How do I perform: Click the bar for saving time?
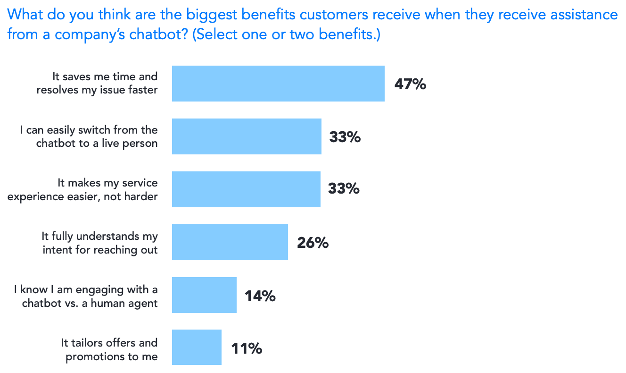278,84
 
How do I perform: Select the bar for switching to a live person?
247,136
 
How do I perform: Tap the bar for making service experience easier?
246,189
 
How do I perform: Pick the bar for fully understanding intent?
230,242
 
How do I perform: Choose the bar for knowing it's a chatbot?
204,295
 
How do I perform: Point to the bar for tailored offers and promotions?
197,348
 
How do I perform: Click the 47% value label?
410,85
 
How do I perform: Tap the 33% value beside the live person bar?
345,137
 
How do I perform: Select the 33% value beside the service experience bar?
344,189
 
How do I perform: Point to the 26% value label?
313,243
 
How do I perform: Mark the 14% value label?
260,296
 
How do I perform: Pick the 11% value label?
246,349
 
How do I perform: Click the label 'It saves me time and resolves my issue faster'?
97,83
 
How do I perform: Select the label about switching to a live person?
89,136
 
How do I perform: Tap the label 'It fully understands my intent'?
100,243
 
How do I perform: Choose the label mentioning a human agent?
86,296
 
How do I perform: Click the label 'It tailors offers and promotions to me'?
109,349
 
